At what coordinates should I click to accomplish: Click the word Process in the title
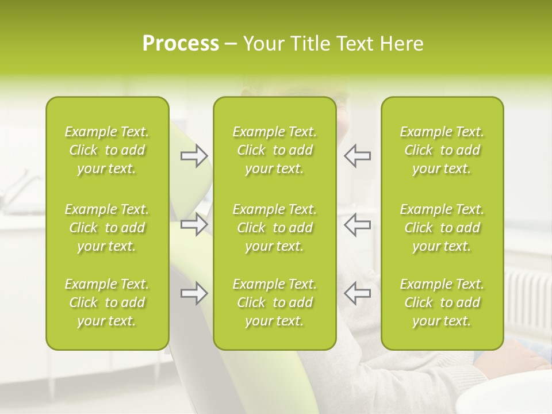click(181, 44)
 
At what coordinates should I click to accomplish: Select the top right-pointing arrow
click(194, 156)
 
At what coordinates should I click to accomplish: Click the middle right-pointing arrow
click(194, 224)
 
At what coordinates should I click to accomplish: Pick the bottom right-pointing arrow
click(194, 293)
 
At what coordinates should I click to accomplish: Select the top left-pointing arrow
click(358, 156)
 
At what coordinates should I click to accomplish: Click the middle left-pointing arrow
click(358, 224)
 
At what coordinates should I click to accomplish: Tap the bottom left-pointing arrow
click(358, 293)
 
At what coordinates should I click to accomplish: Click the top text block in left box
click(107, 150)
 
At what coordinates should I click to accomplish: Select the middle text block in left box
click(107, 228)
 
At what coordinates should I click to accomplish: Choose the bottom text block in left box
click(107, 302)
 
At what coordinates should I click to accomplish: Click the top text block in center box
click(274, 150)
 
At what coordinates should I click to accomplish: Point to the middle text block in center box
click(274, 228)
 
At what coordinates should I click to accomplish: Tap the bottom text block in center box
click(274, 302)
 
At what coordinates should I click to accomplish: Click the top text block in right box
click(442, 150)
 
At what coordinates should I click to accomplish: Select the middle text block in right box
click(442, 228)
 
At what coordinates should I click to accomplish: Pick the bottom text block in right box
click(442, 302)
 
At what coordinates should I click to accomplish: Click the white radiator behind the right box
click(526, 299)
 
